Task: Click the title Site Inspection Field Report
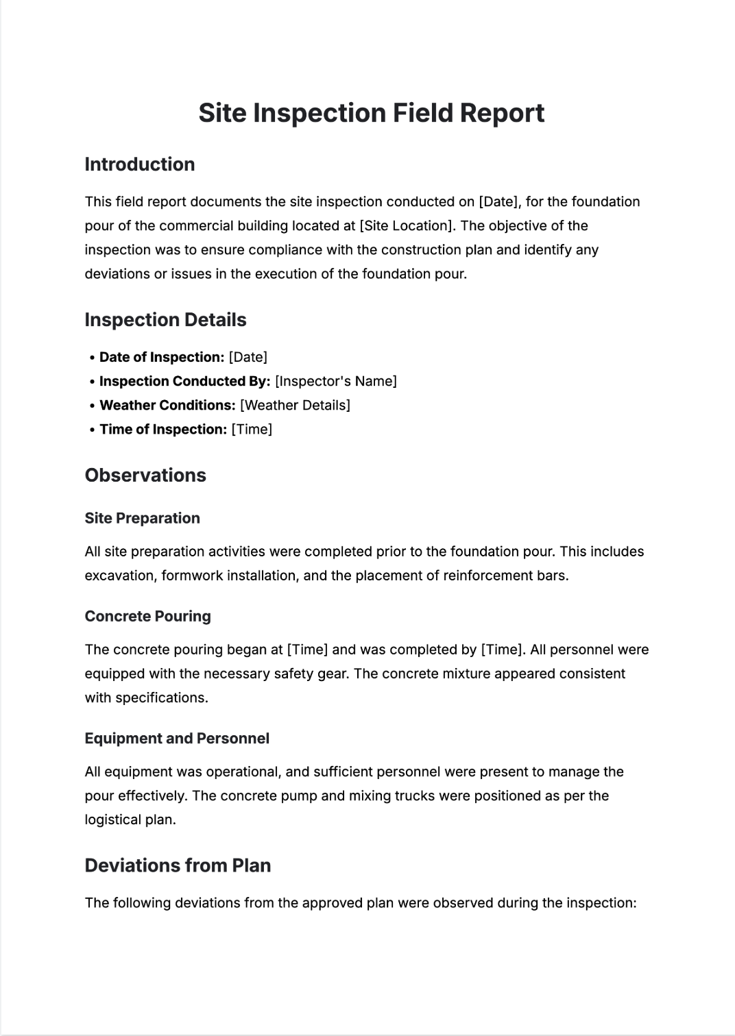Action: click(x=371, y=113)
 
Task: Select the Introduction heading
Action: click(x=140, y=164)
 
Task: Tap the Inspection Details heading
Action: click(x=165, y=320)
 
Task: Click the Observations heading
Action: click(x=145, y=476)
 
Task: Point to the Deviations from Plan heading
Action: click(x=178, y=865)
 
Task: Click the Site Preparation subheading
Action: click(x=142, y=518)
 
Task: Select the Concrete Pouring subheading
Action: click(x=147, y=616)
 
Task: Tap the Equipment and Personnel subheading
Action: click(x=177, y=739)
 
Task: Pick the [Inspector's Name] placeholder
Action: click(x=336, y=382)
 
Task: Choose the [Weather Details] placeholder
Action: click(x=295, y=406)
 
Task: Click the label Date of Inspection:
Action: click(x=162, y=358)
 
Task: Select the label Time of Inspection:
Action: click(x=163, y=430)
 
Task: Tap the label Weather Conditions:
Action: click(x=167, y=406)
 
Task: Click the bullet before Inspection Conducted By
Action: click(x=92, y=382)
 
